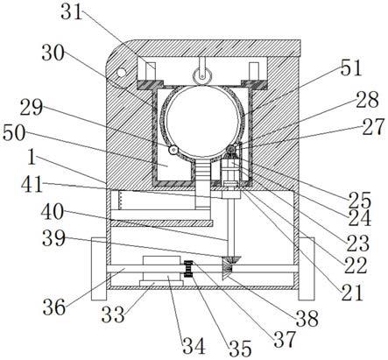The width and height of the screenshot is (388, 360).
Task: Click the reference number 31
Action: coord(72,11)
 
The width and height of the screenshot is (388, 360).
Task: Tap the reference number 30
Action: coord(53,53)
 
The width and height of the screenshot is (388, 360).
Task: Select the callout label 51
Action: coord(351,67)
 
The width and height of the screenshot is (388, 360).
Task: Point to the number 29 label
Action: coord(32,107)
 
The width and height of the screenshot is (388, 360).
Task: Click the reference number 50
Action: coord(14,133)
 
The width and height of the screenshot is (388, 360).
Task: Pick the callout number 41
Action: coord(32,185)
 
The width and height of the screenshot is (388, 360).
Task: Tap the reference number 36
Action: coord(54,307)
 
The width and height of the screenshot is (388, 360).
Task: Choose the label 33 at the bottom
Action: coord(113,314)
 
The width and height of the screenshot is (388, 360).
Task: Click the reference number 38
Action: coord(307,319)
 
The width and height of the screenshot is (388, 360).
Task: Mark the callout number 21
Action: coord(352,293)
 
